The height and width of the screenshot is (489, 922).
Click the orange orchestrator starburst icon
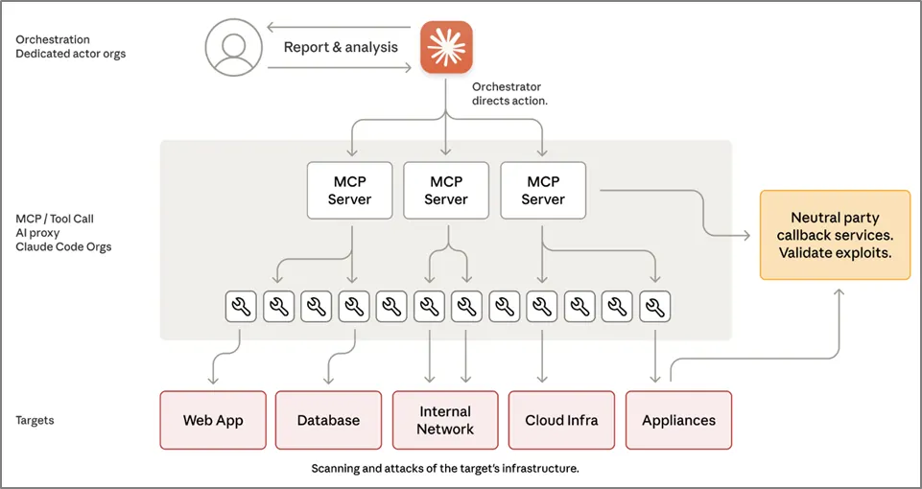tap(447, 48)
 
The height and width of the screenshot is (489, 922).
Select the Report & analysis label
tap(341, 47)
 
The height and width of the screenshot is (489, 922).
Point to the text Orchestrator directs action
tap(509, 93)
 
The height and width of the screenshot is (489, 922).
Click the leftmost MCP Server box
tap(349, 190)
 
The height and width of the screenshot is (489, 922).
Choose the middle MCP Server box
tap(446, 190)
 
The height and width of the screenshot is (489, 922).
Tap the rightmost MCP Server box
tap(543, 190)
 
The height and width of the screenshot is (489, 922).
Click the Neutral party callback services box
tap(835, 235)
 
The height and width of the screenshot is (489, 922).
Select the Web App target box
tap(213, 420)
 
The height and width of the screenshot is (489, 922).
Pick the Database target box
tap(328, 420)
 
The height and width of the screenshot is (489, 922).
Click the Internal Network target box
tap(445, 420)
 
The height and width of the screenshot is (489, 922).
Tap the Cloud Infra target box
tap(561, 420)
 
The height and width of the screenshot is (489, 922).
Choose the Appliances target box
tap(678, 420)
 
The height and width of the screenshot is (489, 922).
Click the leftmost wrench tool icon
tap(240, 307)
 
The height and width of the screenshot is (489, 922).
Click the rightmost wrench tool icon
tap(655, 307)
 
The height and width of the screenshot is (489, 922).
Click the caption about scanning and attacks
tap(445, 469)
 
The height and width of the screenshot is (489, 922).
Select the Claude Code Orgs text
tap(63, 246)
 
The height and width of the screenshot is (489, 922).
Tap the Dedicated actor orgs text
tap(70, 54)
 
